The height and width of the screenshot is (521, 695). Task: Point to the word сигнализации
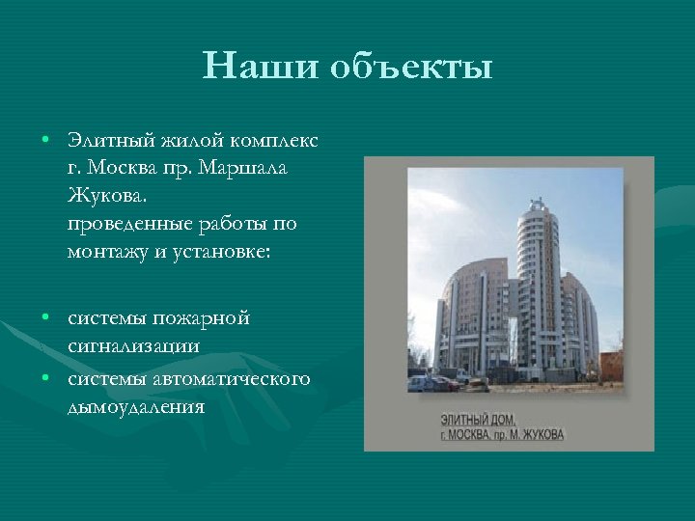(133, 345)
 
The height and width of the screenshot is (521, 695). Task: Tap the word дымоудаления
(136, 406)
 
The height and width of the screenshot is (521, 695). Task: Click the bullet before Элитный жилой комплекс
(46, 141)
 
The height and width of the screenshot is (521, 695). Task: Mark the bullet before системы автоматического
(46, 376)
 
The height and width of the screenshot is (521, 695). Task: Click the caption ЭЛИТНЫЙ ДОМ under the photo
(478, 420)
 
